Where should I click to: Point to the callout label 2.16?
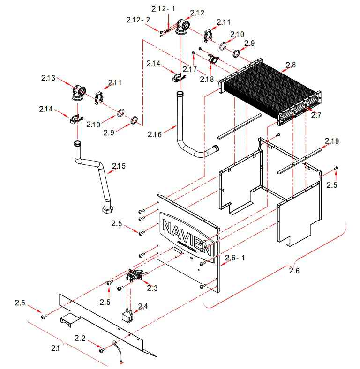155,134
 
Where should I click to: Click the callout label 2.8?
291,64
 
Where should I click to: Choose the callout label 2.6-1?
235,258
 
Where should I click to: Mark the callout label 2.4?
142,307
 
